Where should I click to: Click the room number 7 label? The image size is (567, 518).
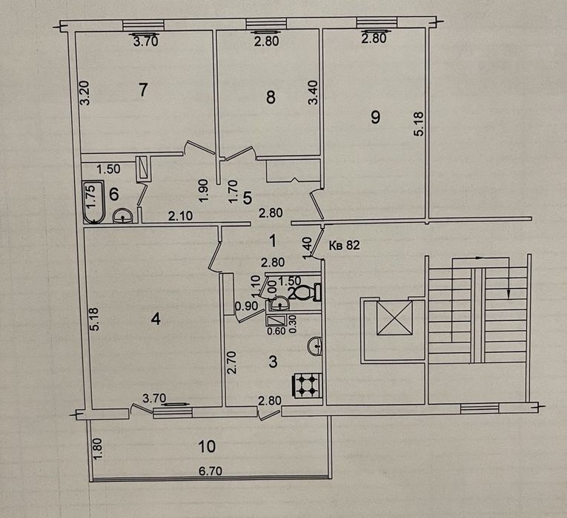144,90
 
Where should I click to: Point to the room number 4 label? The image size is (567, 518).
155,320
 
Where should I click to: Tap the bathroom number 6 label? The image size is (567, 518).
113,195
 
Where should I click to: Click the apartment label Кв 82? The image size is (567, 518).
343,246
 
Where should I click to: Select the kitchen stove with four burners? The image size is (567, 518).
308,385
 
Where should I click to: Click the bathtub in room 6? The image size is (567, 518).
93,201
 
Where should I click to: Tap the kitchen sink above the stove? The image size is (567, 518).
316,344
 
